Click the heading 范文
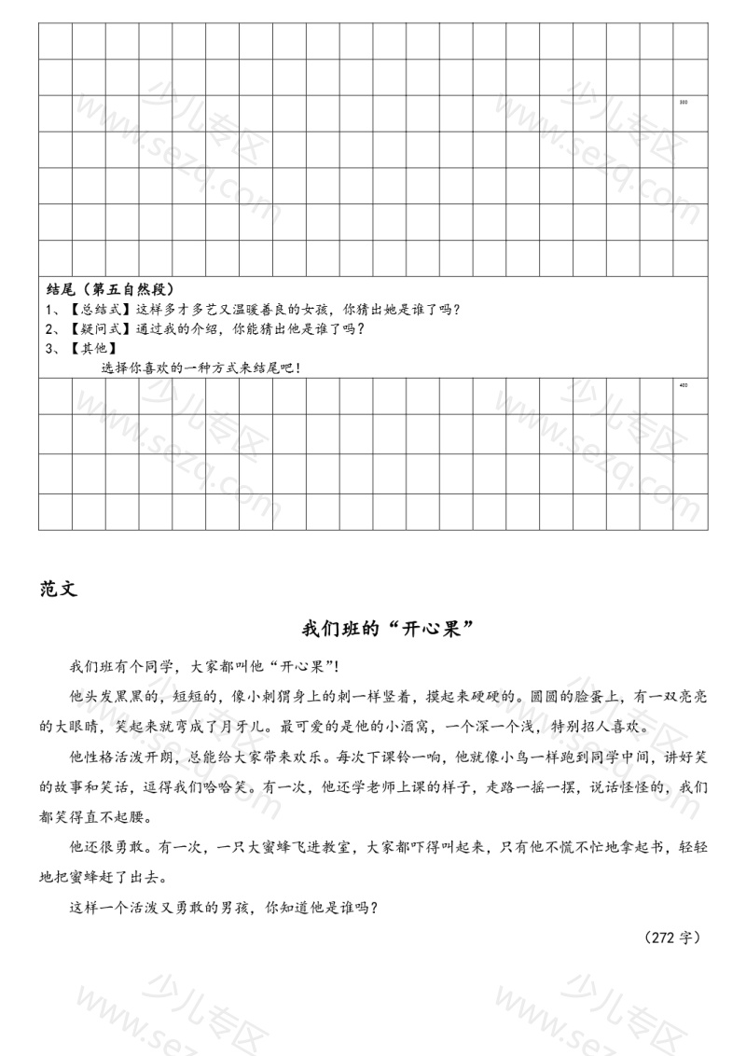click(x=59, y=589)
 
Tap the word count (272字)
click(x=671, y=937)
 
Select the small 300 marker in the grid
click(x=684, y=102)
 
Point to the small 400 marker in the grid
click(x=684, y=384)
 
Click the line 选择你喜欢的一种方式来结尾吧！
click(x=200, y=368)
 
